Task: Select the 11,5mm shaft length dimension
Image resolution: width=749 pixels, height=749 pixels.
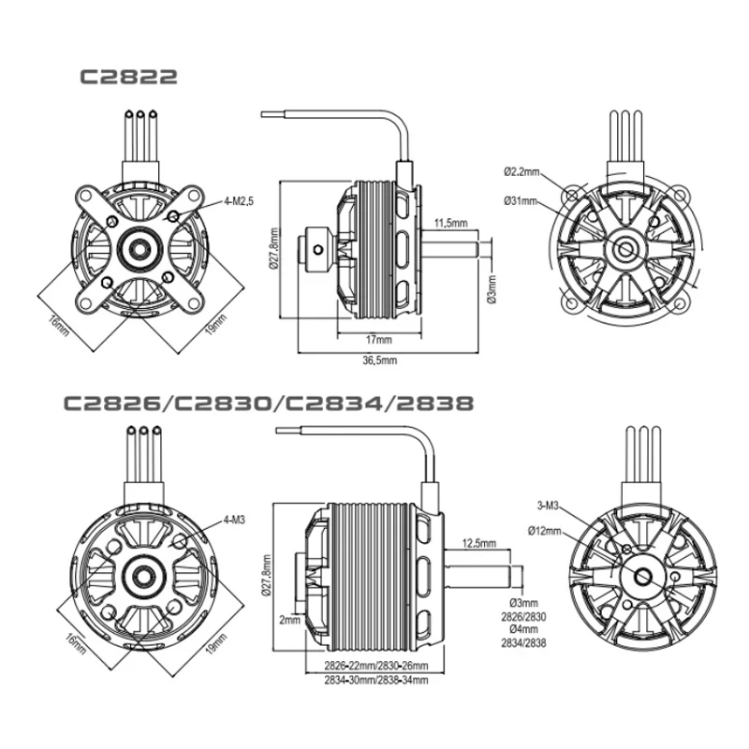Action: point(450,224)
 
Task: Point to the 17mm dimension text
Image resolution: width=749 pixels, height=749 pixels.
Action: point(372,339)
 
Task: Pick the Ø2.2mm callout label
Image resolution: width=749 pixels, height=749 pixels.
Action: point(521,171)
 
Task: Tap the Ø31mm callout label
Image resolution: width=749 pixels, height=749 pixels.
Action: point(520,200)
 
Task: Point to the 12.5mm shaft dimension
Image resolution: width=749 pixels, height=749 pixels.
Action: point(480,543)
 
